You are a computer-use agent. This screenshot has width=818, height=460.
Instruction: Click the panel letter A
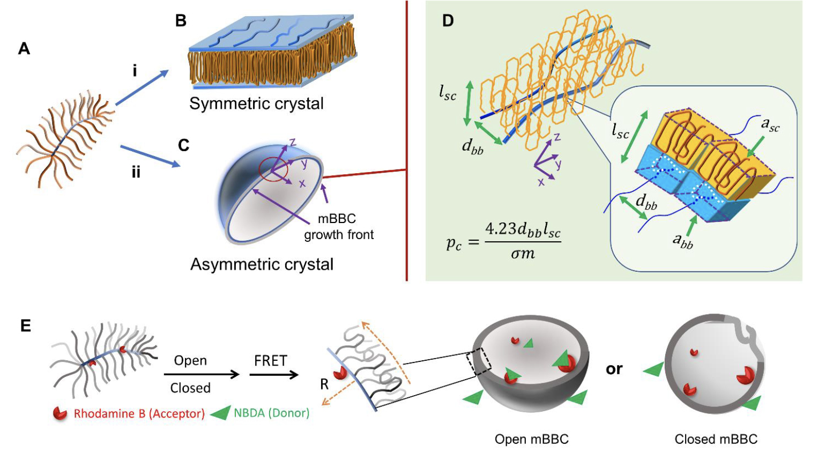(24, 49)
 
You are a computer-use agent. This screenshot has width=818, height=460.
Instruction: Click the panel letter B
(181, 21)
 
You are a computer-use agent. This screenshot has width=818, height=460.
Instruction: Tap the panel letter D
(448, 21)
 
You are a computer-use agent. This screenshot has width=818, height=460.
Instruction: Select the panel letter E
(25, 326)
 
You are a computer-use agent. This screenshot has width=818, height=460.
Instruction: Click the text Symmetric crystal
(256, 103)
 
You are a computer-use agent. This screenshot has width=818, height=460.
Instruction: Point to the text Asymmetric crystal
(262, 264)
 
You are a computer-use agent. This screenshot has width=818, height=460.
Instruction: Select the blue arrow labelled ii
(150, 156)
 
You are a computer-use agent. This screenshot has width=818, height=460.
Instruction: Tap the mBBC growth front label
(339, 226)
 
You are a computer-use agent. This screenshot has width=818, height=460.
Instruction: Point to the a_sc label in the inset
(770, 125)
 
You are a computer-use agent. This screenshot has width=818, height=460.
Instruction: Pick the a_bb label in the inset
(683, 241)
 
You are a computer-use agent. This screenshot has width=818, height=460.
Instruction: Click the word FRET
(271, 361)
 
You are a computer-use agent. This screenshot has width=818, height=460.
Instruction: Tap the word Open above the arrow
(190, 361)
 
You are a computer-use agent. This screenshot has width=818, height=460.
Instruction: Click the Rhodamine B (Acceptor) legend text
(139, 413)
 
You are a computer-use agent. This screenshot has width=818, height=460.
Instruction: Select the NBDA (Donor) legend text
(271, 413)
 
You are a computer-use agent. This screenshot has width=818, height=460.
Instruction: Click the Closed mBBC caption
(716, 440)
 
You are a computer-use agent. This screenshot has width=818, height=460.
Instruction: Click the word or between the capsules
(614, 369)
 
